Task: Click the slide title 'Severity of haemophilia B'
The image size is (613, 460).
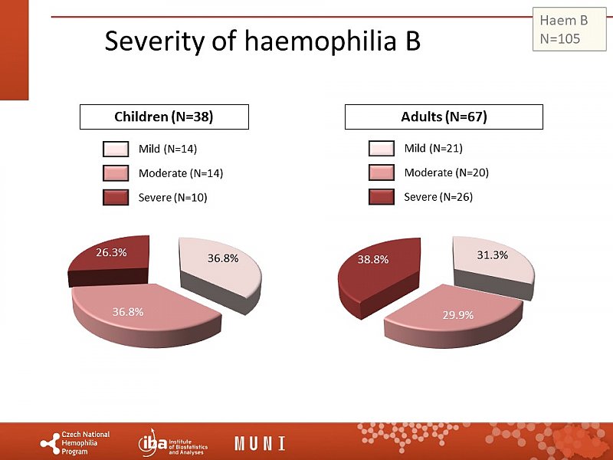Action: pyautogui.click(x=262, y=41)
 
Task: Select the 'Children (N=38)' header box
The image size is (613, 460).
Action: pyautogui.click(x=164, y=117)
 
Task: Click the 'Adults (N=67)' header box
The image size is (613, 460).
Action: pyautogui.click(x=444, y=117)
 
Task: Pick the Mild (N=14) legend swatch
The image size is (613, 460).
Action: pyautogui.click(x=116, y=149)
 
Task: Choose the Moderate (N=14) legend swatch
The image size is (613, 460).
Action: pyautogui.click(x=116, y=173)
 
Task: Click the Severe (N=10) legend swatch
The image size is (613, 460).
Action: pyautogui.click(x=116, y=198)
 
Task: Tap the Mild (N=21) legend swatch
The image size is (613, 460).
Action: pyautogui.click(x=381, y=148)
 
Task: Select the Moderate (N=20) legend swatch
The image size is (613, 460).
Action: pyautogui.click(x=381, y=172)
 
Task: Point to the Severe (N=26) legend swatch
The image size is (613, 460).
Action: pyautogui.click(x=381, y=197)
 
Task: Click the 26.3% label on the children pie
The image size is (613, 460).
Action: pyautogui.click(x=111, y=251)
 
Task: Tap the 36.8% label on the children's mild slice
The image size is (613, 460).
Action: pyautogui.click(x=223, y=258)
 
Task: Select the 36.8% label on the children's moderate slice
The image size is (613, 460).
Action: pyautogui.click(x=128, y=311)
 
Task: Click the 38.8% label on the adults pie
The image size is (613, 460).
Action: pyautogui.click(x=373, y=259)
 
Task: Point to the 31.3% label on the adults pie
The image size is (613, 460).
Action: pyautogui.click(x=493, y=255)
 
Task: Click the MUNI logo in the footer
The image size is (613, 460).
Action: pyautogui.click(x=260, y=443)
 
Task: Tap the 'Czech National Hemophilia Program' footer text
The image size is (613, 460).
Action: pyautogui.click(x=85, y=443)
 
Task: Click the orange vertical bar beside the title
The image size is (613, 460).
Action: pyautogui.click(x=14, y=50)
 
